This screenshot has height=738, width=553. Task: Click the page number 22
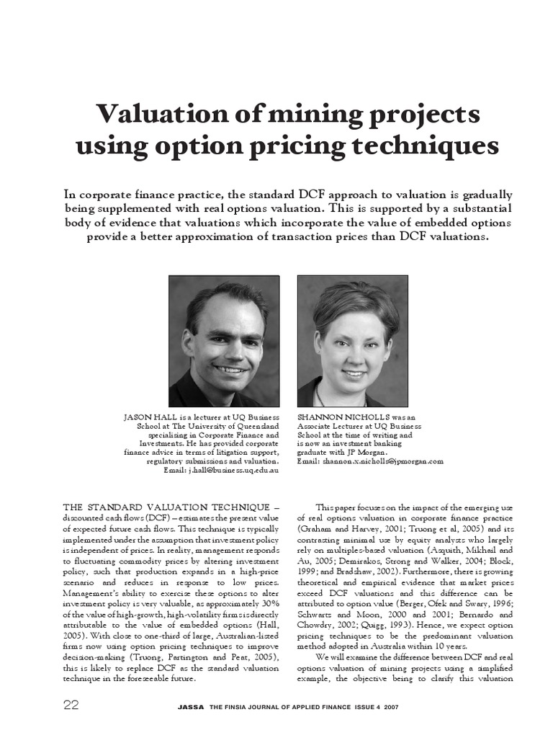point(71,705)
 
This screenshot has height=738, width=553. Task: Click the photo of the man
point(224,341)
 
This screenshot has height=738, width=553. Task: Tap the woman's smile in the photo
point(354,374)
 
